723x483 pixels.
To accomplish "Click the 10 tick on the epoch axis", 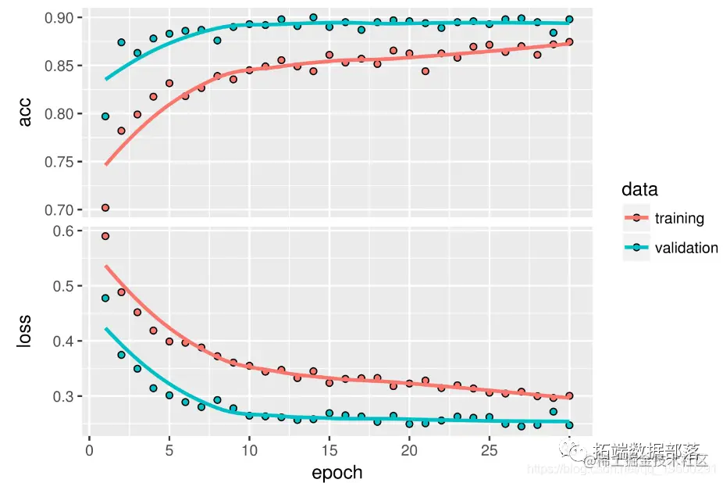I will [249, 452].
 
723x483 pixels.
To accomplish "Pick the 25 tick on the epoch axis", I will [489, 452].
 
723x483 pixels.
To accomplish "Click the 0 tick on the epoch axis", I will [89, 452].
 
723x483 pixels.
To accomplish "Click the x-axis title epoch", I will [337, 473].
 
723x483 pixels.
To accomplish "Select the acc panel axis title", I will [25, 113].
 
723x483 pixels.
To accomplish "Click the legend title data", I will [639, 189].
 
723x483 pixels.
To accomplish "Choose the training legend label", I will [679, 218].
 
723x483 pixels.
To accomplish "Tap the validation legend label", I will [686, 248].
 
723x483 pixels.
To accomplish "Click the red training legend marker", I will [636, 218].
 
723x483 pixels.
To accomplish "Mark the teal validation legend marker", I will [636, 248].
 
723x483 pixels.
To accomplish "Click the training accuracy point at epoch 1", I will [105, 208].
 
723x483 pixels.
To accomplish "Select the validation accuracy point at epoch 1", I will [105, 116].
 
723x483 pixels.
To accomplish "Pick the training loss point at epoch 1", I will [105, 236].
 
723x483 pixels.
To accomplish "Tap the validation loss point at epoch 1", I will [105, 298].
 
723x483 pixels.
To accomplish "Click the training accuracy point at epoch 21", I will [425, 71].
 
